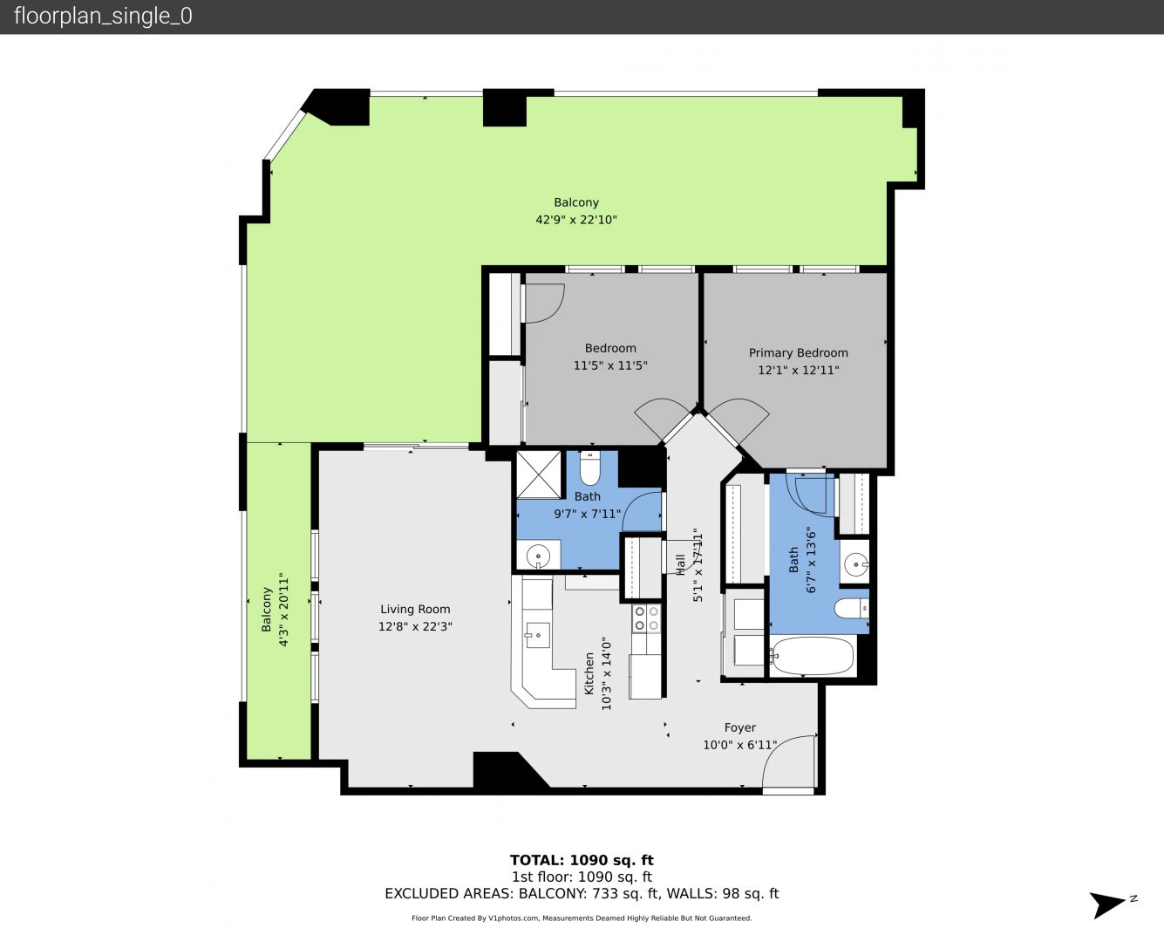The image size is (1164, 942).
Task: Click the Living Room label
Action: point(415,609)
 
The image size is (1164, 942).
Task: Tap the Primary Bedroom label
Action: point(799,352)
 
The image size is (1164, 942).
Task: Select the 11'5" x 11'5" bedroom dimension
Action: point(610,365)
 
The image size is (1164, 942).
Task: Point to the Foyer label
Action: point(740,727)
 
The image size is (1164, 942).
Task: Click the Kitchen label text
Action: point(589,673)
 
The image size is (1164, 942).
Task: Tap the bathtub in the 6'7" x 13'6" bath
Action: point(812,655)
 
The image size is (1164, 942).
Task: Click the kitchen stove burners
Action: point(646,618)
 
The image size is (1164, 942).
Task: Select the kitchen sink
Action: point(537,635)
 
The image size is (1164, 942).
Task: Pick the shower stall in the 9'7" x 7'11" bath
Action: point(539,474)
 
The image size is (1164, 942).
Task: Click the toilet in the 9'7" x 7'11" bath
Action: point(589,468)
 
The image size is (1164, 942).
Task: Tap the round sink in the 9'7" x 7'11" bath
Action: point(538,556)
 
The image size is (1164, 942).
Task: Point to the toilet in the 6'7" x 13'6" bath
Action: point(851,608)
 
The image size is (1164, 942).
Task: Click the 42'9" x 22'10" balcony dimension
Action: point(576,220)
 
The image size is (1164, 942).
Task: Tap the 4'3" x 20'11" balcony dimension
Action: point(283,610)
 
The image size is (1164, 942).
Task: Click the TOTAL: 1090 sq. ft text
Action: point(582,860)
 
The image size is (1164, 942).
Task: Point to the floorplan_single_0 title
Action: point(103,17)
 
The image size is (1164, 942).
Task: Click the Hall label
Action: point(680,564)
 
